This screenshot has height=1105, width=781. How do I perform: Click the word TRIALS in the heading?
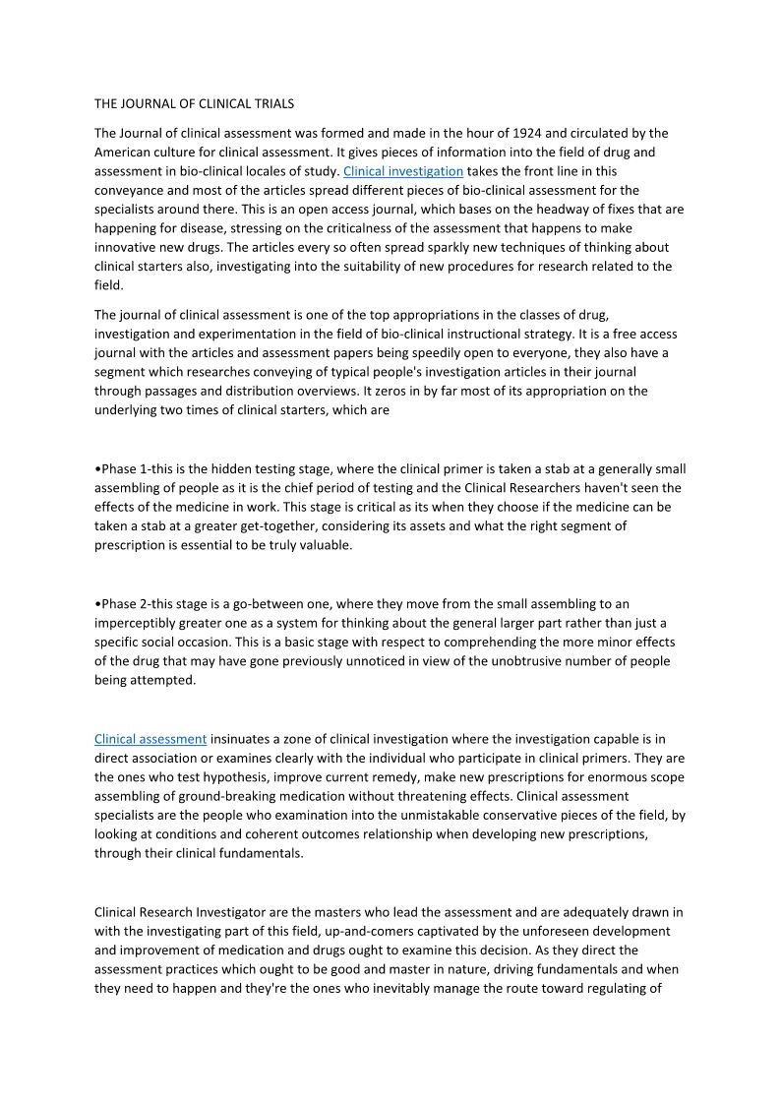click(x=272, y=102)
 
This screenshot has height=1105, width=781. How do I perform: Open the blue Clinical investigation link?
click(x=402, y=171)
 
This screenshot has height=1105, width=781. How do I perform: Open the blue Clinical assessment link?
click(x=150, y=738)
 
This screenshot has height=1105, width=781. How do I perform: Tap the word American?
click(x=122, y=153)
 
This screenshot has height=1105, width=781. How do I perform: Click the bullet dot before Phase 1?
click(x=97, y=468)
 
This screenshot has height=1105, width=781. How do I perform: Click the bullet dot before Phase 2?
click(x=97, y=603)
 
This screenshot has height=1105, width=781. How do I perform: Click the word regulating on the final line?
click(x=629, y=989)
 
